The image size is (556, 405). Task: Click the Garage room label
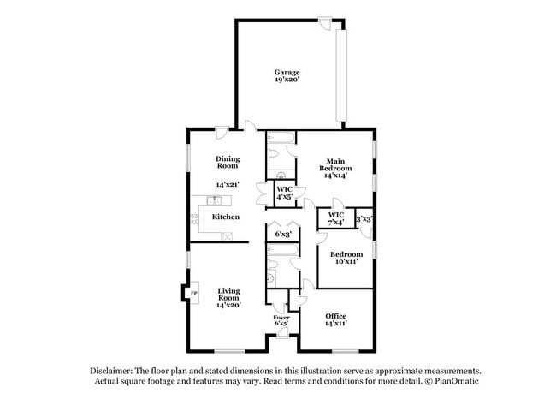click(286, 72)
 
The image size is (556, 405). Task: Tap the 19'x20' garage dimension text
click(286, 80)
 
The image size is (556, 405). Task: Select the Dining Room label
click(228, 163)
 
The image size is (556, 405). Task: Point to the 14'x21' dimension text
click(228, 184)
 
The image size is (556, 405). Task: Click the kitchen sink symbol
click(214, 201)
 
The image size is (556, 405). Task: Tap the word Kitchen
click(226, 217)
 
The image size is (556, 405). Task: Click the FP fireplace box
click(193, 293)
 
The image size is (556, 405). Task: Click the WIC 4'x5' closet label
click(284, 194)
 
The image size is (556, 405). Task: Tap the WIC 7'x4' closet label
click(336, 218)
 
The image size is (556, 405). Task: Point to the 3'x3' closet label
click(364, 219)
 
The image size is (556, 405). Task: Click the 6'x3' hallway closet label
click(283, 234)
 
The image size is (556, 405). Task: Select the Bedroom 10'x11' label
click(346, 258)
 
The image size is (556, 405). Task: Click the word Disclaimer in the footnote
click(113, 371)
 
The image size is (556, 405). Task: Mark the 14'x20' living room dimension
click(228, 304)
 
